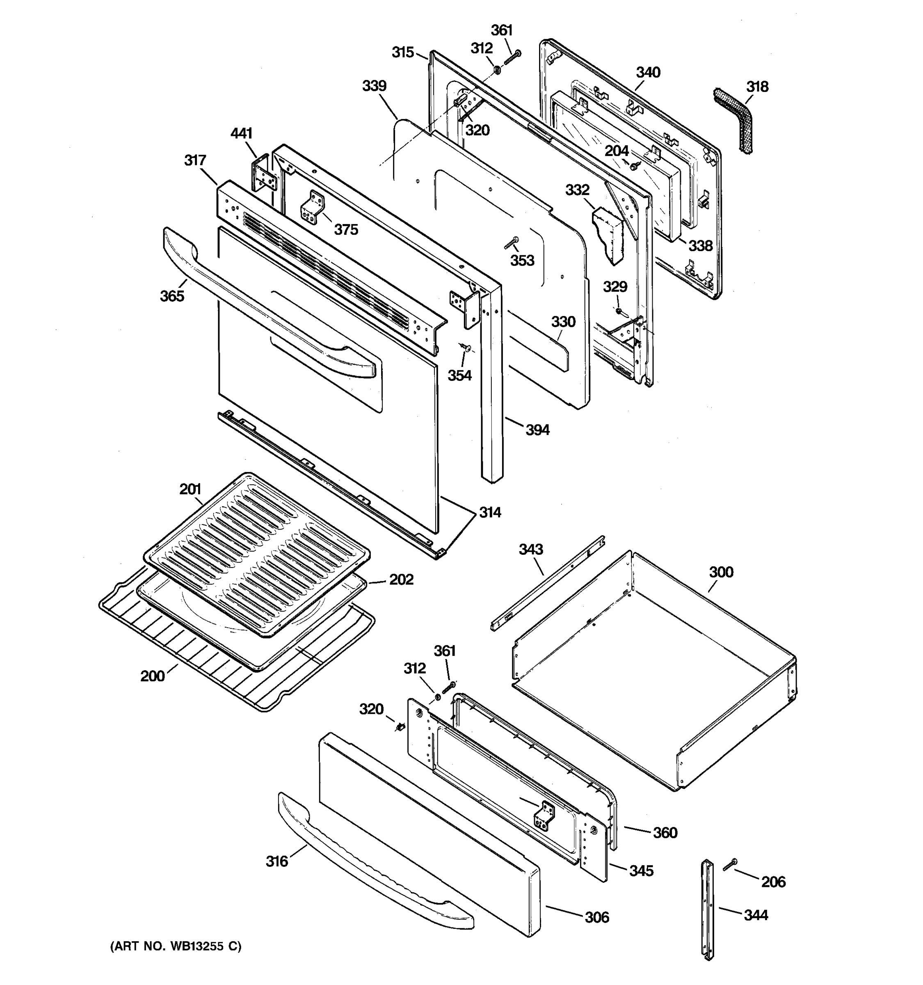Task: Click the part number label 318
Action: pyautogui.click(x=757, y=87)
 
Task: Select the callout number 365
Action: pyautogui.click(x=172, y=296)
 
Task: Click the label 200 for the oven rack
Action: pyautogui.click(x=152, y=676)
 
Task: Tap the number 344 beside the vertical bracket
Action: pyautogui.click(x=756, y=915)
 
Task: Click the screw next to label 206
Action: pyautogui.click(x=730, y=878)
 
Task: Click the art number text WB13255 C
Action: pyautogui.click(x=176, y=946)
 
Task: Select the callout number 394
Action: pyautogui.click(x=537, y=430)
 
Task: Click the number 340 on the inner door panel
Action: pyautogui.click(x=648, y=72)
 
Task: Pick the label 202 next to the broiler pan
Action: pyautogui.click(x=401, y=579)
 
